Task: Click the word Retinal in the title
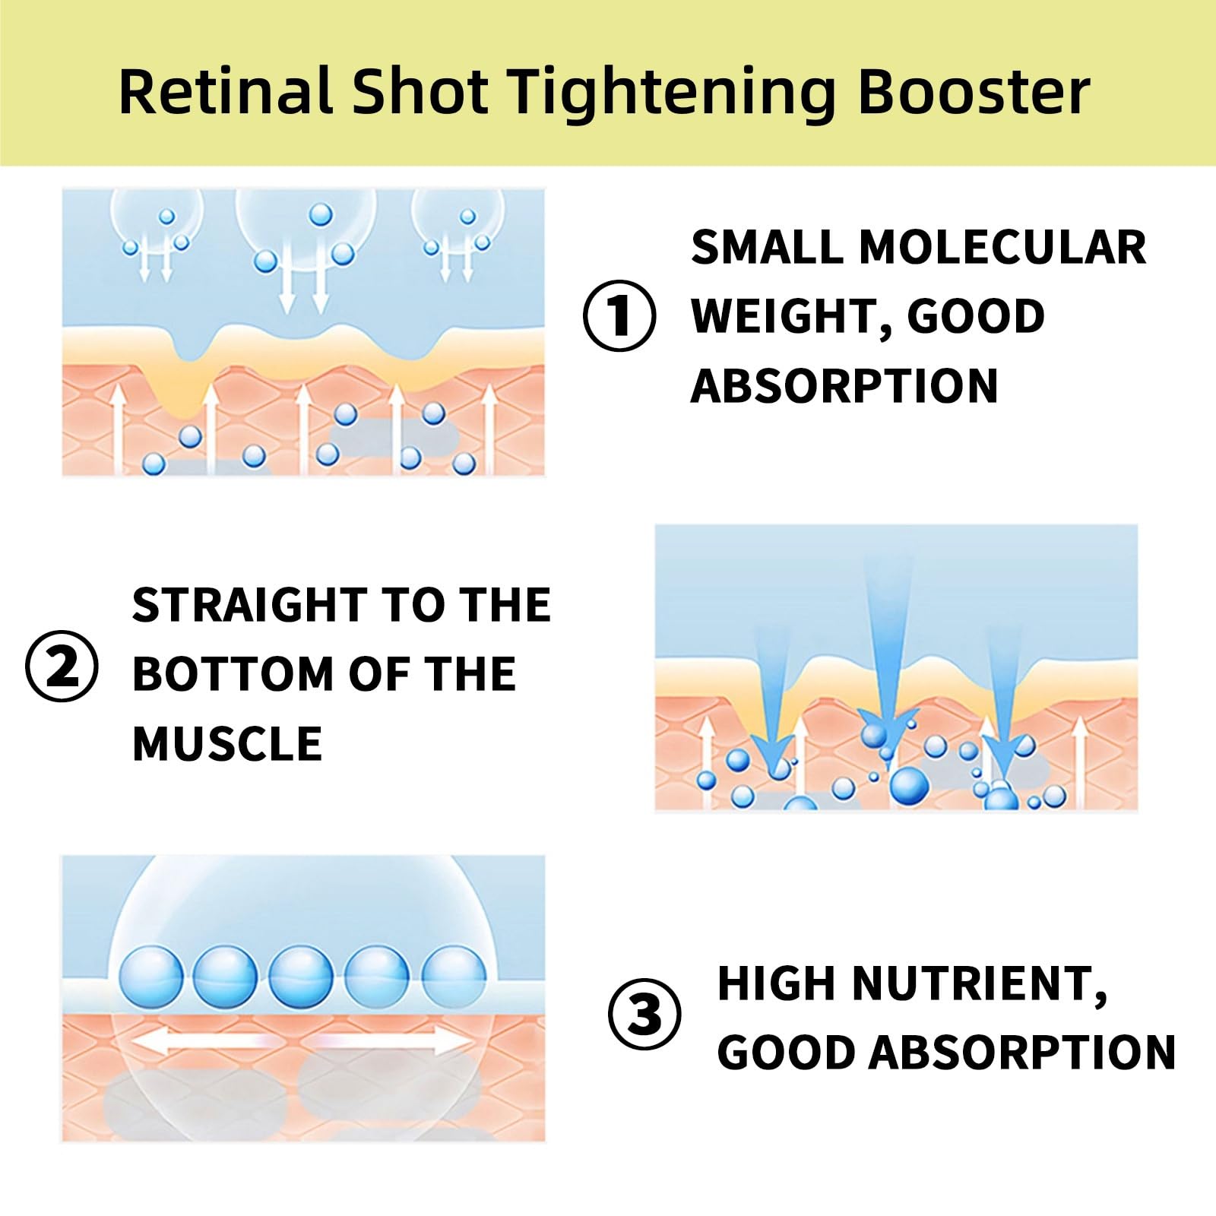[x=226, y=92]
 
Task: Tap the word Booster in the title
[x=974, y=92]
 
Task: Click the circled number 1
[x=619, y=315]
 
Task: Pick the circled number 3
[x=644, y=1014]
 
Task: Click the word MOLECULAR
[x=1002, y=248]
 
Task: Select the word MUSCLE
[x=227, y=743]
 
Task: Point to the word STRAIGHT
[x=250, y=605]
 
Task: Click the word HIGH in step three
[x=777, y=983]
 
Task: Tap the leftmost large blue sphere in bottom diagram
[x=151, y=977]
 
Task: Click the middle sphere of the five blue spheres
[x=301, y=977]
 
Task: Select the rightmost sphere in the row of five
[x=454, y=977]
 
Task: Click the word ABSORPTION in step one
[x=844, y=386]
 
